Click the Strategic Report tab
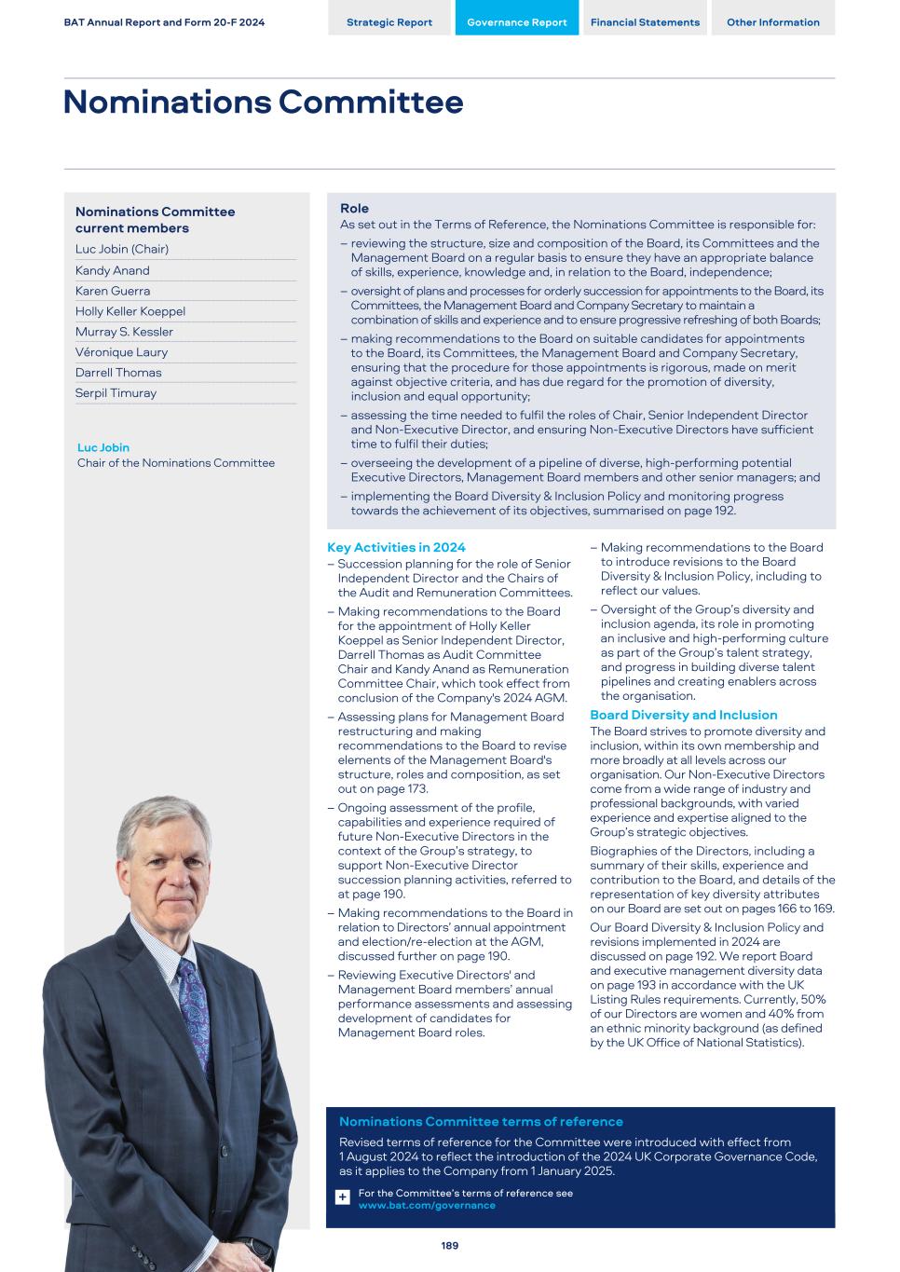[389, 22]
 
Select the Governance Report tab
[516, 22]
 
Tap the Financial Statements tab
[645, 22]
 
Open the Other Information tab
[773, 22]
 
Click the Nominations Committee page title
[264, 102]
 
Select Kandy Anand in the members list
[113, 270]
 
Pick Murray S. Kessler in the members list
[124, 332]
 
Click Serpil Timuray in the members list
[116, 393]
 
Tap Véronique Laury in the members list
[121, 352]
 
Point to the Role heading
[354, 209]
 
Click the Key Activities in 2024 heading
[396, 547]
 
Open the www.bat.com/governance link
[427, 1205]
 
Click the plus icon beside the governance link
[343, 1197]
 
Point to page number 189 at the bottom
[450, 1245]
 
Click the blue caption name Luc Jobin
[103, 447]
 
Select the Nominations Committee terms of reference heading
[481, 1122]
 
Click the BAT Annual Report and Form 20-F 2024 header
[164, 22]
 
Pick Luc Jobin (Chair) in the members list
[122, 249]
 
